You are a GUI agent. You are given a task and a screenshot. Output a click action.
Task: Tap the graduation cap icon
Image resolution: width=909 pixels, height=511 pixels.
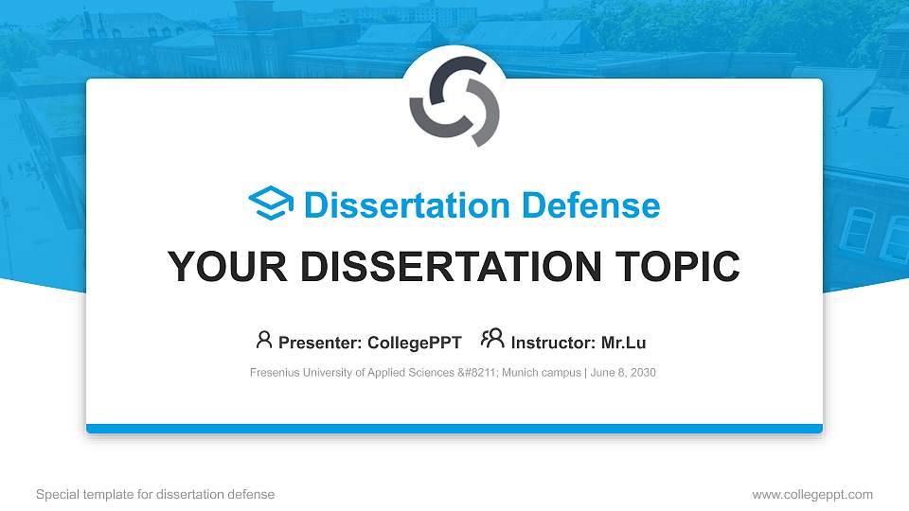coord(271,203)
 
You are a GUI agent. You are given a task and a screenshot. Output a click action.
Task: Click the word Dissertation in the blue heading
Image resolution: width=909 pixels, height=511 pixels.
coord(407,205)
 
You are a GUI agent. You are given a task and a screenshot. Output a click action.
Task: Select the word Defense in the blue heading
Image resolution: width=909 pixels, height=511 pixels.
coord(591,205)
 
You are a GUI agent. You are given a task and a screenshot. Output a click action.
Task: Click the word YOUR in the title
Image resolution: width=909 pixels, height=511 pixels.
coord(227,267)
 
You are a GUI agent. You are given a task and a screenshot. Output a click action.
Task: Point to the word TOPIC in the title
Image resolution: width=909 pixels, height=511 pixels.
coord(677,267)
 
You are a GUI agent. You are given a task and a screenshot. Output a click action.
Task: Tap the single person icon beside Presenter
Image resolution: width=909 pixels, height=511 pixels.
coord(264,340)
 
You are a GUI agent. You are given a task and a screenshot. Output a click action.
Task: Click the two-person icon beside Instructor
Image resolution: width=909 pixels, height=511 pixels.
coord(492,339)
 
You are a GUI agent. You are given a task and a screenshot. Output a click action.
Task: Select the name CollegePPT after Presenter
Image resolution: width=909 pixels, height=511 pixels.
coord(415,343)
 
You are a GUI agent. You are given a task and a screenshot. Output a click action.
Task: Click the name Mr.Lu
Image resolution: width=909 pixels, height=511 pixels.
coord(623,343)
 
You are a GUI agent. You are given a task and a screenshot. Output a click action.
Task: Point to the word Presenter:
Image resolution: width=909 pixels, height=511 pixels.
coord(320,343)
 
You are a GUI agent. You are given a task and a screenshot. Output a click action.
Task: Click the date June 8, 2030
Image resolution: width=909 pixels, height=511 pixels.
coord(623,373)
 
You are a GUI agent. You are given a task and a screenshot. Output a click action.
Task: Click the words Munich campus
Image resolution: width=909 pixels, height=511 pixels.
coord(542,373)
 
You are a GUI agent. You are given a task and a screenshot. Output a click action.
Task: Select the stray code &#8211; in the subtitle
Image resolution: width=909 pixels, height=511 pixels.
coord(478,373)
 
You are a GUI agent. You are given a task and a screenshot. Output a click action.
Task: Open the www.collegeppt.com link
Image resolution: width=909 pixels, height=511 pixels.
coord(812,494)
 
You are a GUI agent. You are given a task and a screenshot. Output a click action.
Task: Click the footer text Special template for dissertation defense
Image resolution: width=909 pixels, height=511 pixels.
coord(155,494)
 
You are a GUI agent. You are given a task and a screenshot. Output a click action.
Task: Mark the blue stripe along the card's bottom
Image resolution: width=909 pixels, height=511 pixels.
coord(454,429)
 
